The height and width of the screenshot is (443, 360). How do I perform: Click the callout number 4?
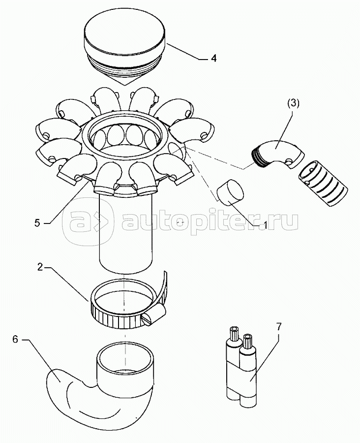pos(213,58)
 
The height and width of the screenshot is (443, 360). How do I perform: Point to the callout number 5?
pos(37,222)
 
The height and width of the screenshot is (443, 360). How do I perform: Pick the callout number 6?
pos(15,339)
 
